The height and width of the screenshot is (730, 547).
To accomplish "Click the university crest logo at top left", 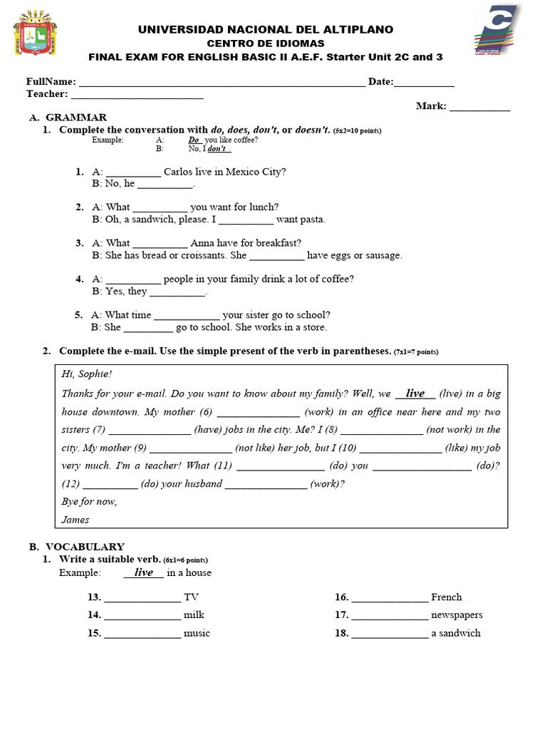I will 35,33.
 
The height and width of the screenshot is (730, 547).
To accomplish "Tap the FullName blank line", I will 222,83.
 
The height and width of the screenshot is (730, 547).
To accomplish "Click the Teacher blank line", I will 137,95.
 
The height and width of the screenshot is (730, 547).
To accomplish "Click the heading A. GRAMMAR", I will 68,118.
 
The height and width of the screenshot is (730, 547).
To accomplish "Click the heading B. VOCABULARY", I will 76,547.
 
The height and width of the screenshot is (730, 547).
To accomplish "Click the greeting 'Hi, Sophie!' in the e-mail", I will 87,374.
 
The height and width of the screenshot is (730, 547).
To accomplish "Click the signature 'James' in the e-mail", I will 75,520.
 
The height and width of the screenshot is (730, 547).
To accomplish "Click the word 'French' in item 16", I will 446,597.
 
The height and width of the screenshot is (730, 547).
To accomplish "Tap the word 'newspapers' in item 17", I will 457,615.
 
